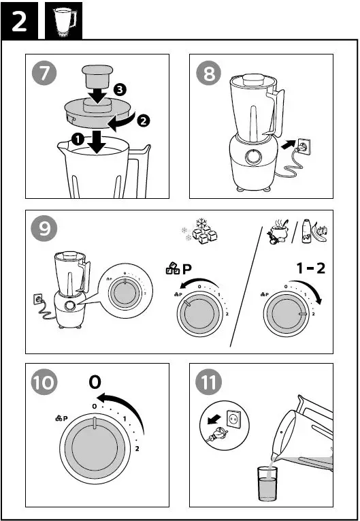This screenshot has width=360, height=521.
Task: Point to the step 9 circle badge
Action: click(45, 230)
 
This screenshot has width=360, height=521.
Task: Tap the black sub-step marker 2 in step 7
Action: click(143, 121)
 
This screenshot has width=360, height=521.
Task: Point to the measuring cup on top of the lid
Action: click(98, 82)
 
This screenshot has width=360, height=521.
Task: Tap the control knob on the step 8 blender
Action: click(254, 157)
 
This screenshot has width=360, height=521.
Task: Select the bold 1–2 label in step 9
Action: click(310, 268)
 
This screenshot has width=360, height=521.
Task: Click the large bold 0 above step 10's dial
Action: click(95, 383)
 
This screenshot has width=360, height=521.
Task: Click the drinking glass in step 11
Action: click(267, 484)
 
